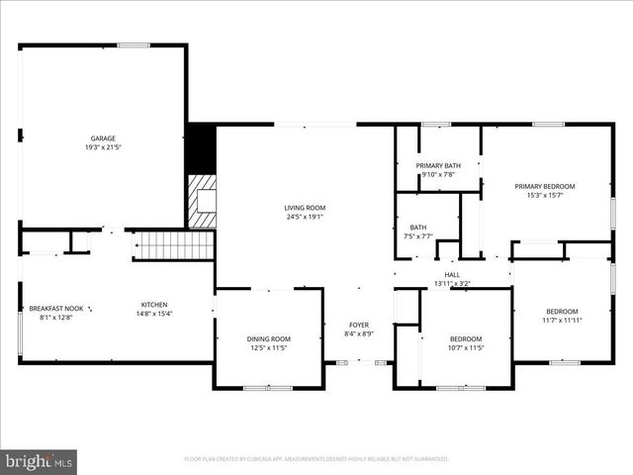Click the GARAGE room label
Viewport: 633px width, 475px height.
(x=104, y=139)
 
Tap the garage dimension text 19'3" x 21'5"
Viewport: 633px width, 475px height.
(x=104, y=147)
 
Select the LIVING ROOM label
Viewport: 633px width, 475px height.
(x=305, y=208)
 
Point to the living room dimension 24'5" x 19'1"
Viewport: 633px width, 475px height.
(x=305, y=217)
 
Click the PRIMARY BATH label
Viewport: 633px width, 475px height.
(x=438, y=165)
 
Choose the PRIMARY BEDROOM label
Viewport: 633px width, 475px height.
(x=544, y=186)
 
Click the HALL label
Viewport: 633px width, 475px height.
(x=452, y=275)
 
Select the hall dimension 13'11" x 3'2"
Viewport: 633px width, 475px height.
(x=452, y=284)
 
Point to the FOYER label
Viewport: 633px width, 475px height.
(x=359, y=325)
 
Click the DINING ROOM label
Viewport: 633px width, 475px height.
(x=268, y=339)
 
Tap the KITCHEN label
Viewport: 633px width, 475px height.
(x=153, y=305)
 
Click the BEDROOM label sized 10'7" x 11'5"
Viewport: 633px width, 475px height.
(x=465, y=339)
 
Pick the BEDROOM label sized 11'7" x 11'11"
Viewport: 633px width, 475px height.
(x=563, y=313)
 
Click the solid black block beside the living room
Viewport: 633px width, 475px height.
(x=202, y=148)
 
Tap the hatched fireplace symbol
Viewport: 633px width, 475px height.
(x=203, y=202)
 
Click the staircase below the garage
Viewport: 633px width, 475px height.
(x=173, y=245)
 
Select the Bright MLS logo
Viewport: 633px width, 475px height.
(x=40, y=461)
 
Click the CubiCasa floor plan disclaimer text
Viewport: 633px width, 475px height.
(x=316, y=459)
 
